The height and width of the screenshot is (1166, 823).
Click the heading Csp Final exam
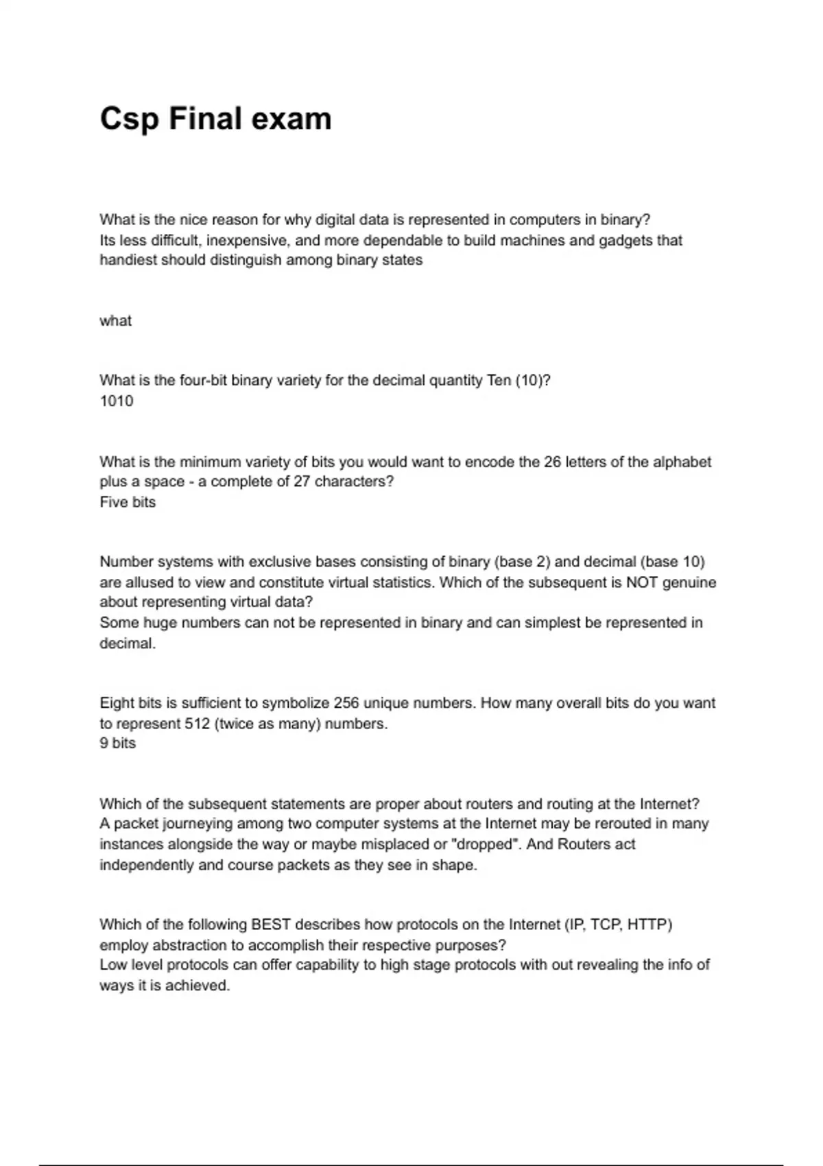[x=215, y=119]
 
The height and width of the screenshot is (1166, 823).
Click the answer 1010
[x=117, y=401]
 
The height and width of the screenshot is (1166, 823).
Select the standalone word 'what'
[x=115, y=321]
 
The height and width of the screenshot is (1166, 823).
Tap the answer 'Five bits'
[x=128, y=502]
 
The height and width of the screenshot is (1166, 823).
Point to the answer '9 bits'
[x=117, y=743]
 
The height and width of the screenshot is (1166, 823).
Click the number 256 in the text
[x=346, y=703]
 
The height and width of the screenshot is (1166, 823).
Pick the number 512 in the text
[x=198, y=724]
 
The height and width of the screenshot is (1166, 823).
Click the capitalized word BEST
[x=272, y=925]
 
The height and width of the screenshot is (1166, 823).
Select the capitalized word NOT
[x=643, y=582]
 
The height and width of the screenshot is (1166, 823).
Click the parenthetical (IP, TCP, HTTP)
[x=619, y=925]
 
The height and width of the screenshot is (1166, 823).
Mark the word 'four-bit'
[x=203, y=381]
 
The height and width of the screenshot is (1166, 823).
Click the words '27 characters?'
[x=344, y=481]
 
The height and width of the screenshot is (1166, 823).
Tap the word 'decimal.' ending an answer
[x=128, y=643]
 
